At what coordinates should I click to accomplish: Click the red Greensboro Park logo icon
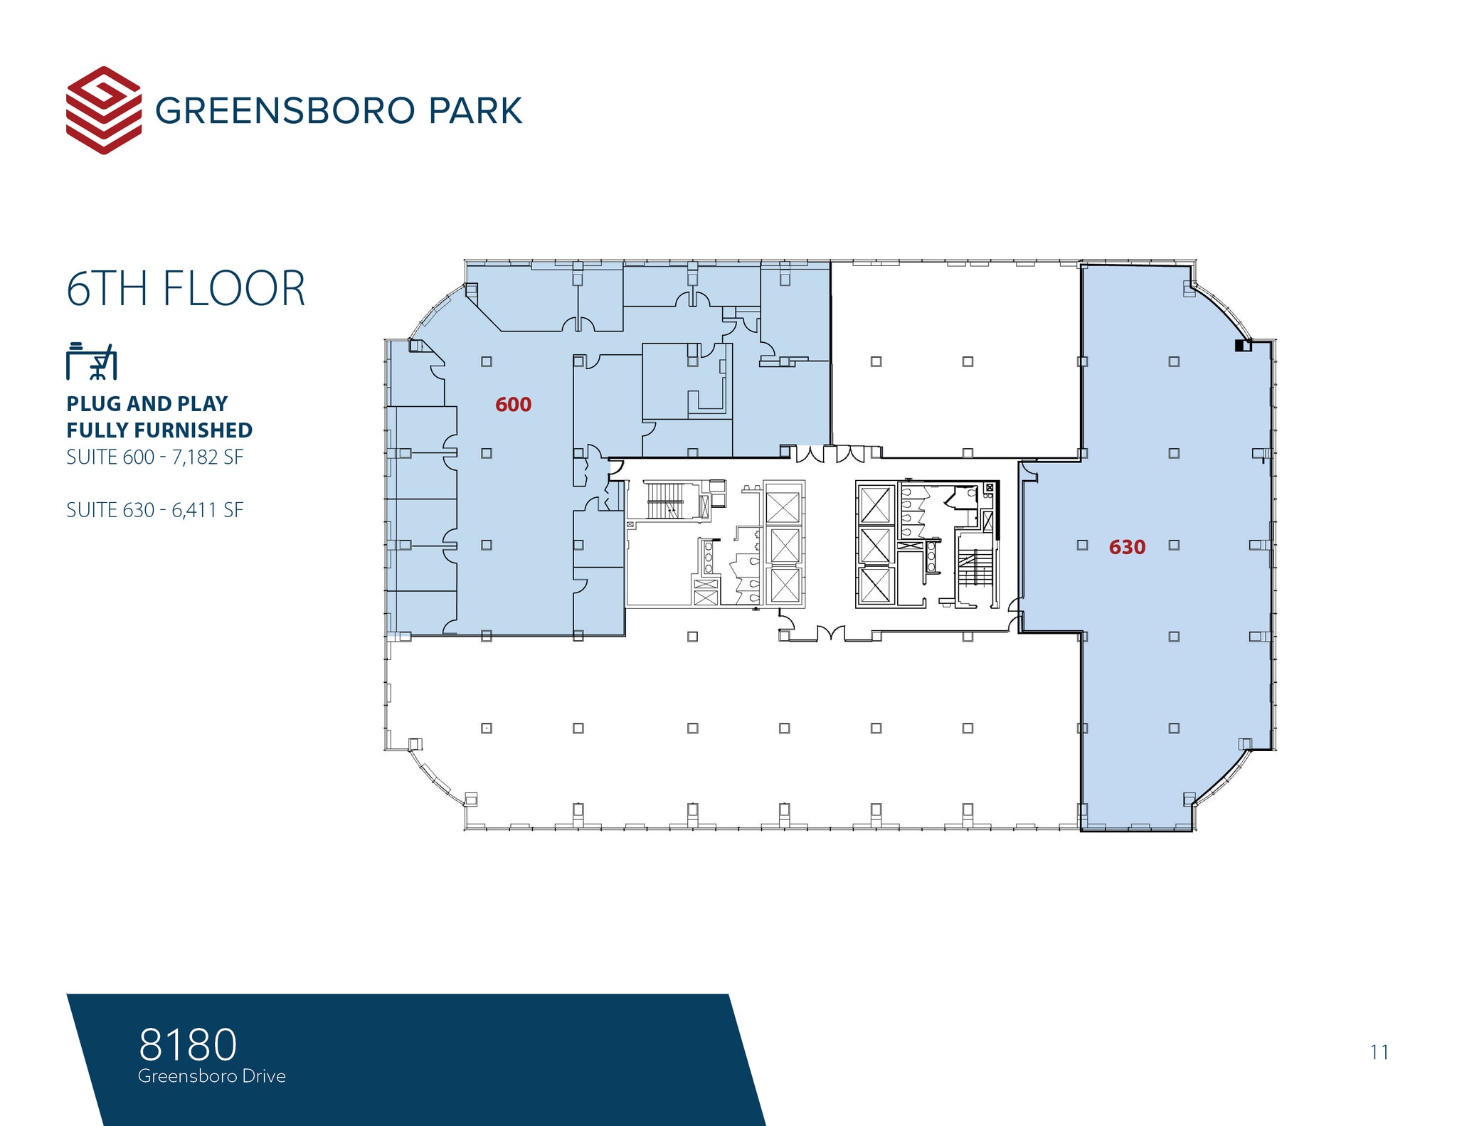click(x=103, y=110)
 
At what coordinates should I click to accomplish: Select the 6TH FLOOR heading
click(x=186, y=289)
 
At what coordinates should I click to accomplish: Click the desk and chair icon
click(x=91, y=361)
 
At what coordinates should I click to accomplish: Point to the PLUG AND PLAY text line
click(x=147, y=403)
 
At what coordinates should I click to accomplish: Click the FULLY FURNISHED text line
click(x=159, y=430)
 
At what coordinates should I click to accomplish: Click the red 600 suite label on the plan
click(x=513, y=405)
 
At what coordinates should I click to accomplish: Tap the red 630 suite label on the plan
click(x=1127, y=547)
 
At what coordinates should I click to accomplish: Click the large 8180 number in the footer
click(x=188, y=1044)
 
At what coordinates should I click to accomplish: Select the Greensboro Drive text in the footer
click(x=212, y=1076)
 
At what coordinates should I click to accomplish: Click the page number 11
click(x=1379, y=1052)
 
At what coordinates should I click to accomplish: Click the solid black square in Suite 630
click(x=1241, y=346)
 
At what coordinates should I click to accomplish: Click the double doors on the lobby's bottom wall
click(x=830, y=633)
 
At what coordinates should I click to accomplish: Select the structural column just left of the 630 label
click(x=1082, y=545)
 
